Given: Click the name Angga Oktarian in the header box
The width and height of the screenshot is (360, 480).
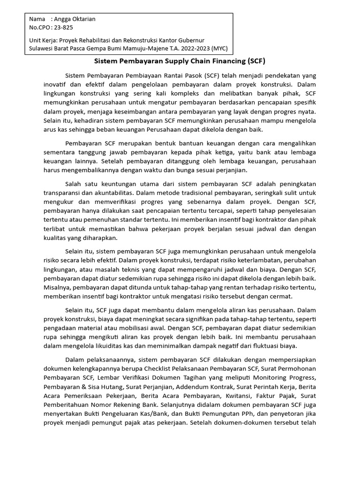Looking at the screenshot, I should tap(75, 19).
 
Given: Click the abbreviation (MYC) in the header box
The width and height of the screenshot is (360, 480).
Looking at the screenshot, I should tap(219, 48).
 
